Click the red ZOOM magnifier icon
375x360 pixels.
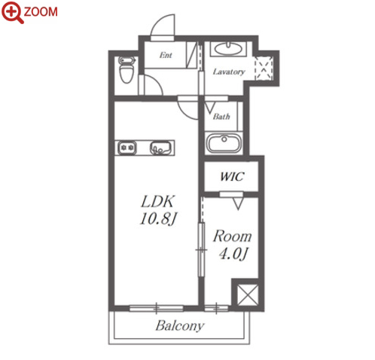pyautogui.click(x=13, y=13)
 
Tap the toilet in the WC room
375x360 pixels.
pyautogui.click(x=127, y=70)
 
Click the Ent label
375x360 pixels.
pyautogui.click(x=166, y=55)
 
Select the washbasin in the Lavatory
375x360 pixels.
pyautogui.click(x=228, y=49)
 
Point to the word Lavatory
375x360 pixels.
pyautogui.click(x=229, y=72)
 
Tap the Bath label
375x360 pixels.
pyautogui.click(x=221, y=117)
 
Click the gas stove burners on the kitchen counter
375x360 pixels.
pyautogui.click(x=127, y=148)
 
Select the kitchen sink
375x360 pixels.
pyautogui.click(x=160, y=148)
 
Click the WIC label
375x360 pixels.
pyautogui.click(x=232, y=176)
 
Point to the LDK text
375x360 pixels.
pyautogui.click(x=157, y=201)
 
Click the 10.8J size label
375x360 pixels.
pyautogui.click(x=158, y=218)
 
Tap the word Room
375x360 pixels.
pyautogui.click(x=232, y=236)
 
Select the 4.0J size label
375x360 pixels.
pyautogui.click(x=233, y=254)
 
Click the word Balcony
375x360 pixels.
pyautogui.click(x=180, y=326)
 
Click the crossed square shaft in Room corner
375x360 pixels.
pyautogui.click(x=248, y=295)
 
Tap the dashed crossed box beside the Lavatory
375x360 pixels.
pyautogui.click(x=264, y=68)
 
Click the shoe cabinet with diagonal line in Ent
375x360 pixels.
pyautogui.click(x=191, y=55)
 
